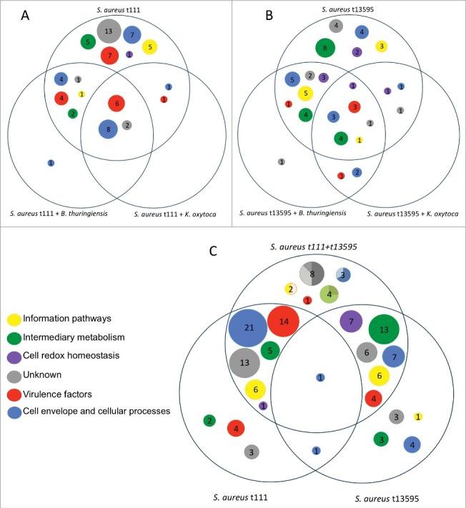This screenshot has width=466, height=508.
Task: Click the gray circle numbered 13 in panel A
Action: (109, 31)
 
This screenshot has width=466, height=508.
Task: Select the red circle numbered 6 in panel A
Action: (116, 104)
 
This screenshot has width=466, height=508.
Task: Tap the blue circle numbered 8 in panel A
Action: (108, 129)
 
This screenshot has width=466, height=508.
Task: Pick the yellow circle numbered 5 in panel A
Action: (149, 47)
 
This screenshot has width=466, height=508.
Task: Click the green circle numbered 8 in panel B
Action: (325, 48)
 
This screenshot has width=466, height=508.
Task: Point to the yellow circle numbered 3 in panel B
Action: (382, 46)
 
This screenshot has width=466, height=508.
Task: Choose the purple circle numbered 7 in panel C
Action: (351, 322)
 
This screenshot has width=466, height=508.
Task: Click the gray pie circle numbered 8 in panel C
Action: (312, 273)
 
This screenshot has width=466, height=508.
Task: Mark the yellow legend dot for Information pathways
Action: (14, 318)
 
